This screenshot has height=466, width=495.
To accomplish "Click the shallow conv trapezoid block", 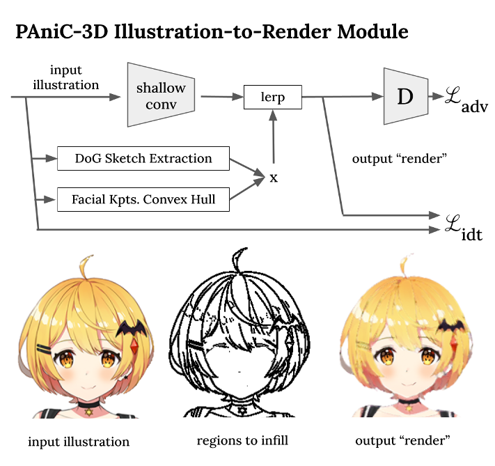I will click(x=161, y=95).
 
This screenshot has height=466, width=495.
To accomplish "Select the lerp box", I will click(x=273, y=97).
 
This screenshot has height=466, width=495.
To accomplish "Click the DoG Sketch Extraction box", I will click(x=143, y=158).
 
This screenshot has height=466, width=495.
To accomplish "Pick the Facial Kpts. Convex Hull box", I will click(x=143, y=200).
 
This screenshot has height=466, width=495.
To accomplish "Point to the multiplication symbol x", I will click(x=274, y=178).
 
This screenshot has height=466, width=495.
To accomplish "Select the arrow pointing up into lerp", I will click(x=274, y=139).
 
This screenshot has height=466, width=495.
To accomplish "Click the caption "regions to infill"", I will click(x=242, y=441).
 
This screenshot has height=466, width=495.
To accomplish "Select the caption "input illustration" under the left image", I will click(x=79, y=442).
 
